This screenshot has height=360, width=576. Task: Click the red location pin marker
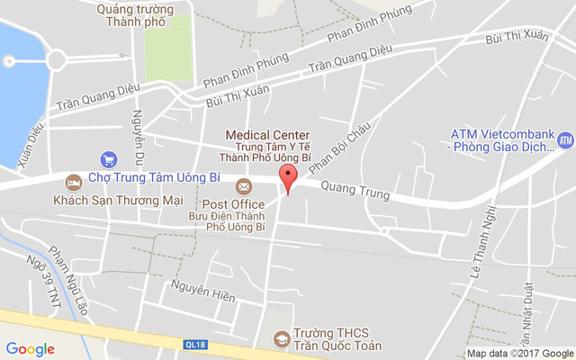click(x=288, y=177)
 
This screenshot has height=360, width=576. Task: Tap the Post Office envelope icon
click(x=243, y=186)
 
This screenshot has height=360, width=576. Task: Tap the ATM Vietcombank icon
click(x=565, y=140)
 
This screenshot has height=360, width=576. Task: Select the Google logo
click(x=30, y=349)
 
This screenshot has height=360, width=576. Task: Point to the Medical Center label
click(x=267, y=134)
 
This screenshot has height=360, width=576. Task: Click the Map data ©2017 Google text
click(x=520, y=353)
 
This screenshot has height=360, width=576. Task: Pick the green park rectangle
click(x=169, y=47)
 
